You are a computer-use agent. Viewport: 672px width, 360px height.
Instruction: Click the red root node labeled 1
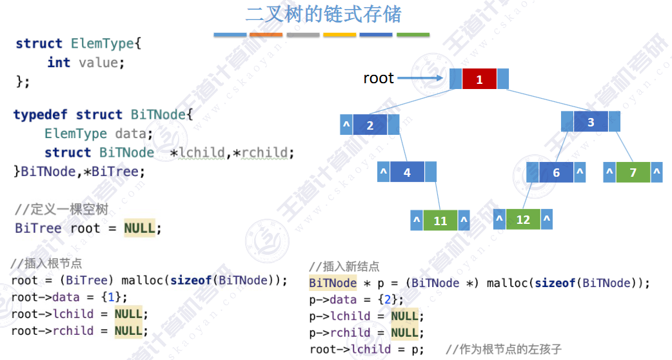(479, 79)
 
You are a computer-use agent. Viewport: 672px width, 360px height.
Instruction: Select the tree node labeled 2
(370, 125)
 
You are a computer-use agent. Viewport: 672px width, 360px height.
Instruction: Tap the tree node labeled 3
(591, 122)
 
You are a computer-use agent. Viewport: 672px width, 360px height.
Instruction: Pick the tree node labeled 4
(407, 172)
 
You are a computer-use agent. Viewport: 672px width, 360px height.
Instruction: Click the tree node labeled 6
(557, 172)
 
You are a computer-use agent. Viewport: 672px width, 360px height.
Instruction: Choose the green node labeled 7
(633, 172)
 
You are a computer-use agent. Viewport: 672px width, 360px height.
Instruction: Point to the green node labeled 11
(440, 221)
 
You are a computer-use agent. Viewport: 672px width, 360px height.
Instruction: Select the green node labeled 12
(523, 219)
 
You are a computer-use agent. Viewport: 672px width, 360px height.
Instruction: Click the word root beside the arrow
(379, 78)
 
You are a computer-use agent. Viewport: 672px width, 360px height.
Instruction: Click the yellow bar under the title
(340, 34)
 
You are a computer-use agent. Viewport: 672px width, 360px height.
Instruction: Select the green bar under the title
(413, 34)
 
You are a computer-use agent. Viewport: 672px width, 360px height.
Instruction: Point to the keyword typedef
(41, 114)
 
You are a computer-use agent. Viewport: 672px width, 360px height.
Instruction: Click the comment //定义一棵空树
(61, 210)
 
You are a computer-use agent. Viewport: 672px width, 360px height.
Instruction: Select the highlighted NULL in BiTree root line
(139, 228)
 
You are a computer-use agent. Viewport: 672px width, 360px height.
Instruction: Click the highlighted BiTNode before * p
(333, 283)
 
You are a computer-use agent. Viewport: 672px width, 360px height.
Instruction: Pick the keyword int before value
(59, 62)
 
